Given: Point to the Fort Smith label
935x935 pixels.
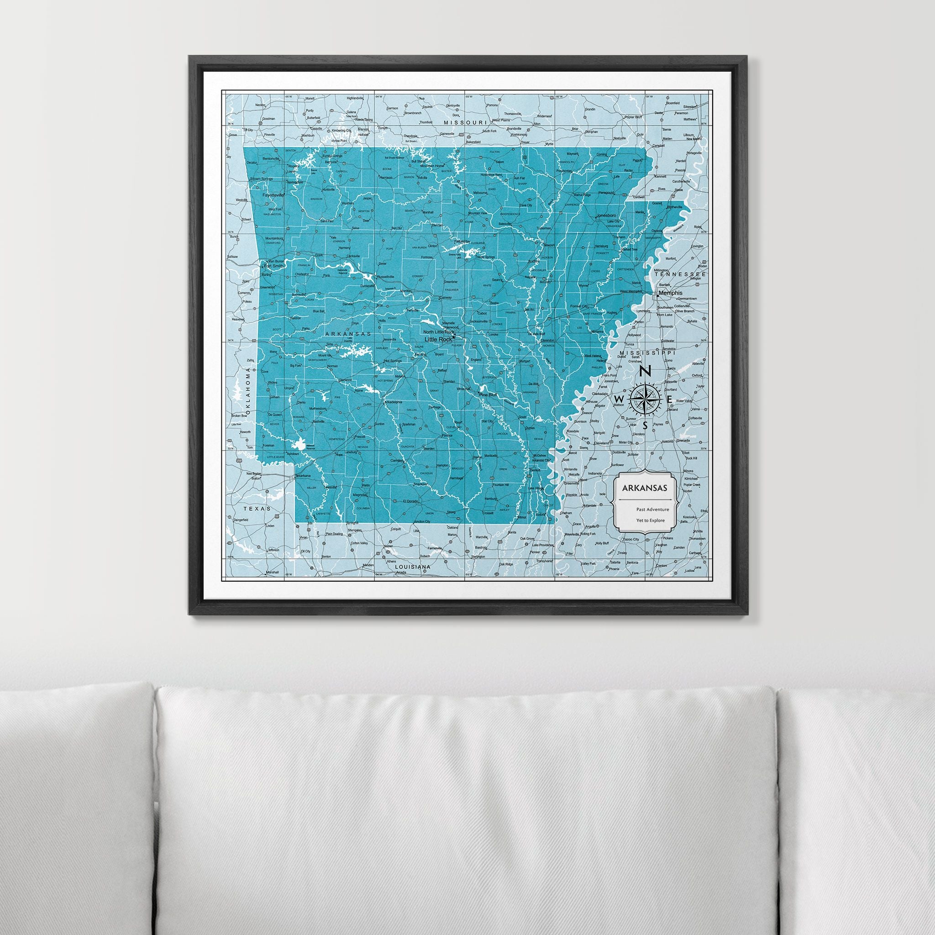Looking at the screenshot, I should pyautogui.click(x=273, y=266).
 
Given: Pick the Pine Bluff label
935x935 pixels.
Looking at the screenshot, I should pyautogui.click(x=488, y=395).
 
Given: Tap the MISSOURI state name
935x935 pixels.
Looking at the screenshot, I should pyautogui.click(x=465, y=123).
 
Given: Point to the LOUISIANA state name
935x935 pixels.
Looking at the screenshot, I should pyautogui.click(x=413, y=566).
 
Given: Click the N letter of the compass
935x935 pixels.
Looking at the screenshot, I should pyautogui.click(x=645, y=372).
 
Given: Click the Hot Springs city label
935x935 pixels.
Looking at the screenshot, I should pyautogui.click(x=393, y=361).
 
